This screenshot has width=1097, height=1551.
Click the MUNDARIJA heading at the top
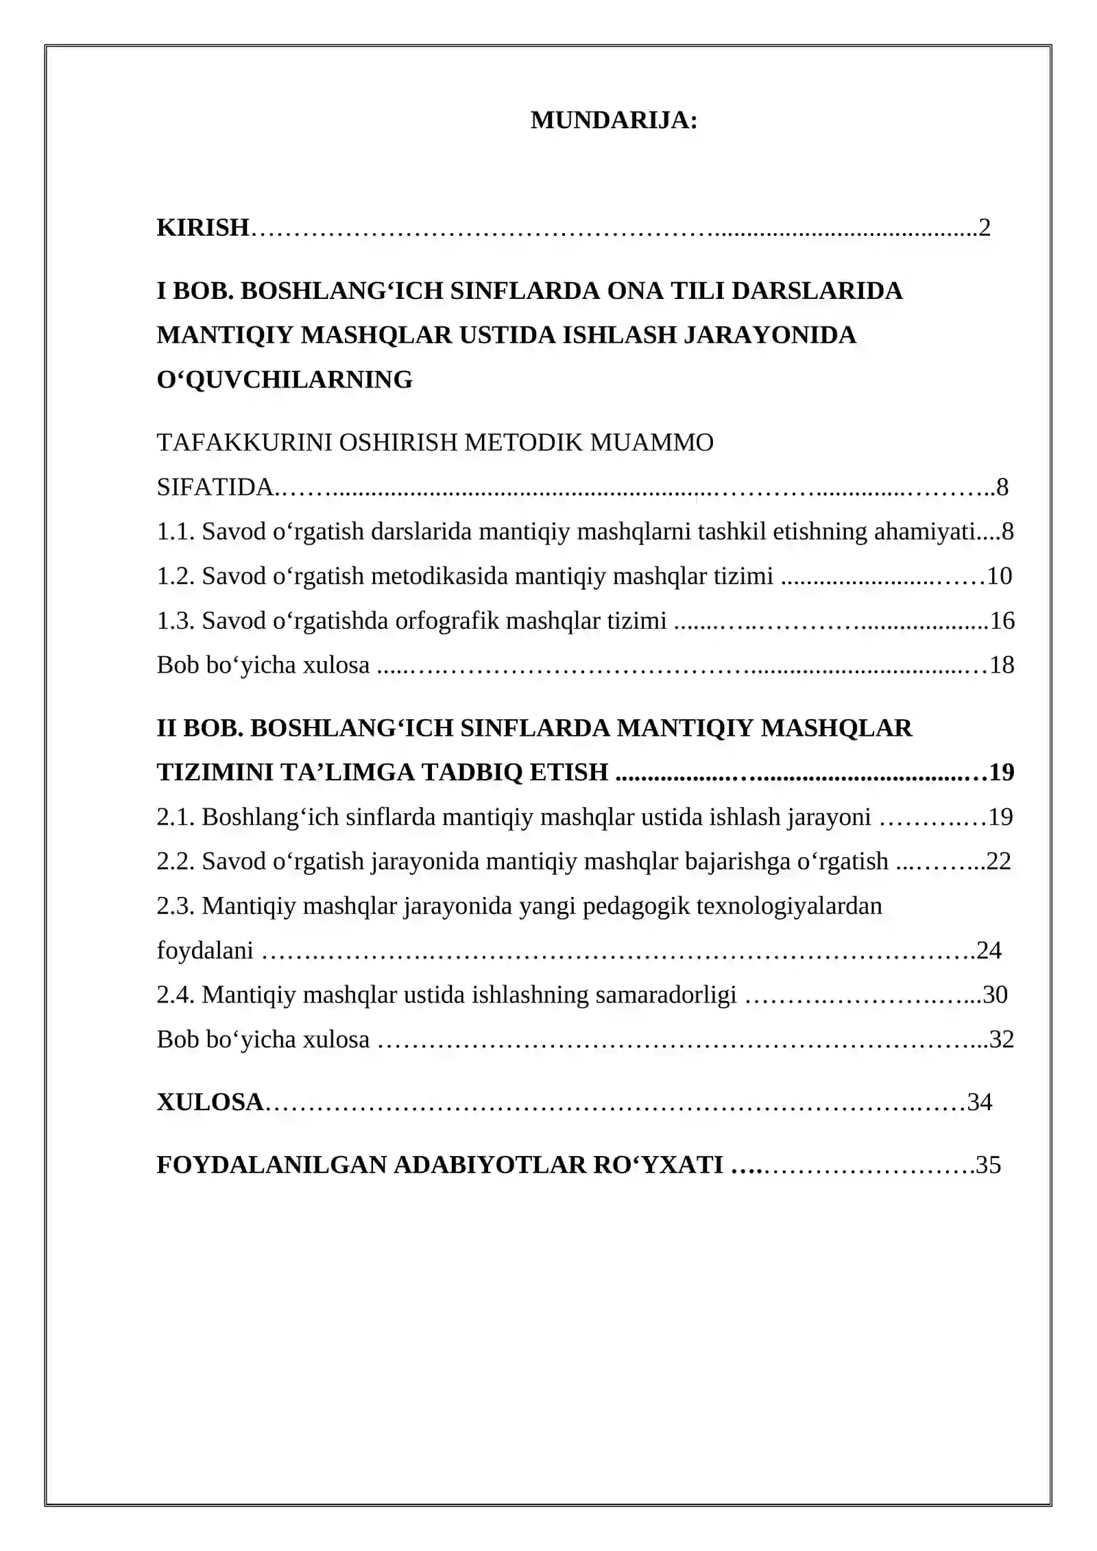(x=614, y=121)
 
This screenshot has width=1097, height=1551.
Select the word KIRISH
(x=202, y=228)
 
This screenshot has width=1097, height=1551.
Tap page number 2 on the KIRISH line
(x=984, y=228)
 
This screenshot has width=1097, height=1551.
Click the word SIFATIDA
(x=215, y=488)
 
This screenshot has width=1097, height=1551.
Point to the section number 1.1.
(x=176, y=532)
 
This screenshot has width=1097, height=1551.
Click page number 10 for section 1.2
(x=999, y=577)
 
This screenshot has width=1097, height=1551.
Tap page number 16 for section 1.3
(x=1002, y=621)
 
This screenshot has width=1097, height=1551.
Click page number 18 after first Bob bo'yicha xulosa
(x=1002, y=665)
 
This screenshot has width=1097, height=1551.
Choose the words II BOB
(x=200, y=728)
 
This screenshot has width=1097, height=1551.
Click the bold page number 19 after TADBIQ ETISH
(x=1002, y=773)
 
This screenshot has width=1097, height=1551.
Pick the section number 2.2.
(x=176, y=862)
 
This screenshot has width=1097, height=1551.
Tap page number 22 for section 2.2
(x=999, y=862)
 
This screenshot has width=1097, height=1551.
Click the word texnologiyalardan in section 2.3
(x=788, y=906)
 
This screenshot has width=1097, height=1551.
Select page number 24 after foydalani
(x=989, y=951)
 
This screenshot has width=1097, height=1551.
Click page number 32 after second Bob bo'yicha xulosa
(x=1002, y=1039)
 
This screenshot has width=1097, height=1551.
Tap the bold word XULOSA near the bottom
(x=210, y=1103)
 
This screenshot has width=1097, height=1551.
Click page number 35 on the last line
(x=989, y=1165)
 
